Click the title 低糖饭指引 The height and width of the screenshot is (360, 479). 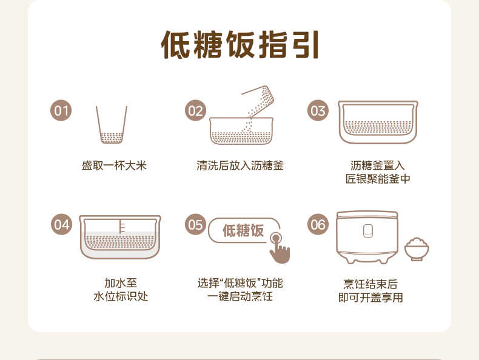coord(239,44)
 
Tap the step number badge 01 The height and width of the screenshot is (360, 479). coord(61,111)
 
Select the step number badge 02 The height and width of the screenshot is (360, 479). coord(195,111)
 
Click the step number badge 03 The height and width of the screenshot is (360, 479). coord(318,111)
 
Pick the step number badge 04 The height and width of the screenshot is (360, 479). coord(61,224)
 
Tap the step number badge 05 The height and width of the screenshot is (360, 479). coord(195,224)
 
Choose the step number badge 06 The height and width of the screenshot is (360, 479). coord(318,224)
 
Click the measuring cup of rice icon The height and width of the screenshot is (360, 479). coord(112,126)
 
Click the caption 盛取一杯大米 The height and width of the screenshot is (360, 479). coord(114,165)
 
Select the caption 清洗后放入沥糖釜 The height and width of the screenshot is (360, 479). coord(239,165)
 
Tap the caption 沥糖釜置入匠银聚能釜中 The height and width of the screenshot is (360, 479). coord(378,172)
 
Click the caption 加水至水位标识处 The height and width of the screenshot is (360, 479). coord(120,290)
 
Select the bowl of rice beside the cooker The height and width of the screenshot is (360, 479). coord(417,248)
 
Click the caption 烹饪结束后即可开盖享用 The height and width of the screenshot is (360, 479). coord(370,290)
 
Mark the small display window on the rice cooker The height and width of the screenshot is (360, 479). coord(367,230)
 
